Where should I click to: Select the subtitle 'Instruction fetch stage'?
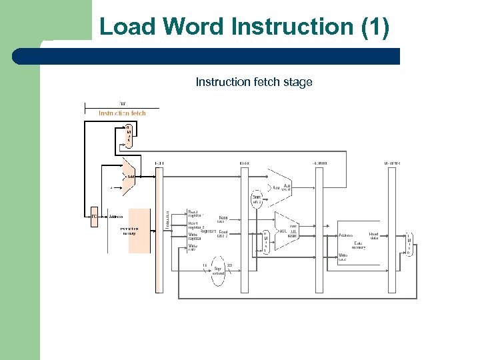click(x=253, y=82)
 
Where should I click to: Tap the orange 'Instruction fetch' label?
click(x=122, y=113)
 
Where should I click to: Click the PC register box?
click(x=94, y=217)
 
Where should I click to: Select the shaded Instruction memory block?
click(x=139, y=230)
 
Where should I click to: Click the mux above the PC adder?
click(x=128, y=136)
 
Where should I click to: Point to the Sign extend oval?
click(x=218, y=270)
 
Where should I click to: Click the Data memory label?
click(x=359, y=245)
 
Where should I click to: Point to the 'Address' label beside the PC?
click(x=115, y=217)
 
